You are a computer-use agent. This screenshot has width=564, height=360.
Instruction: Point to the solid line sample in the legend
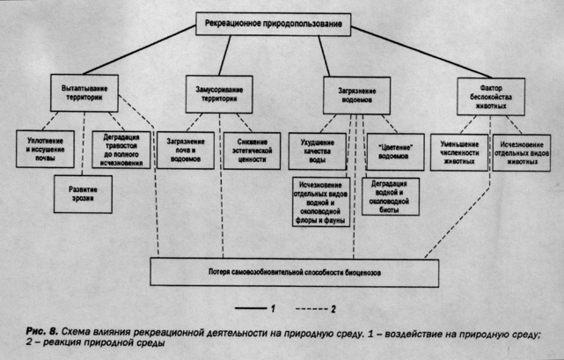(251, 309)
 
